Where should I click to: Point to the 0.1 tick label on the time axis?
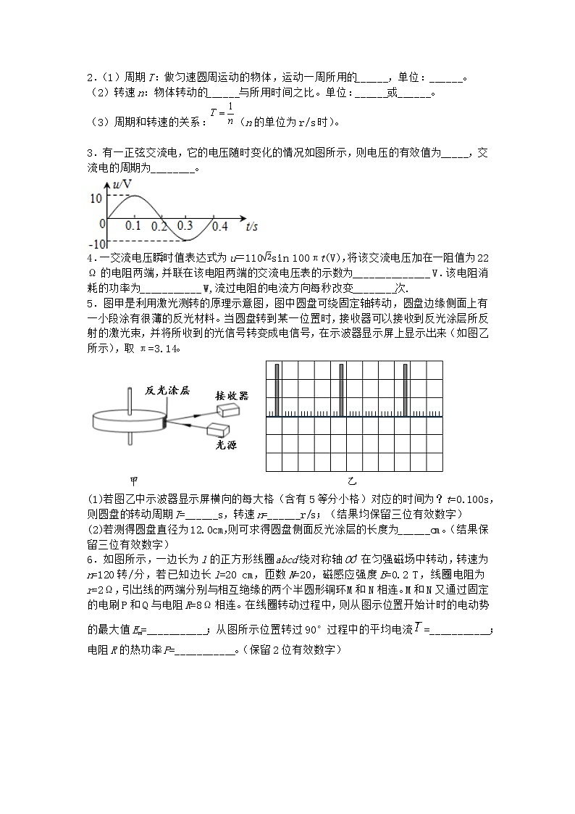[x=133, y=226]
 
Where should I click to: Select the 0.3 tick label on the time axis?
[x=186, y=226]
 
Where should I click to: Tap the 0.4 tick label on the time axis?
[x=219, y=226]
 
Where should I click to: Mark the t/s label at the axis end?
[x=252, y=226]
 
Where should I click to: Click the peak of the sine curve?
[x=134, y=196]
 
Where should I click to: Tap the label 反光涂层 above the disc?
[x=167, y=390]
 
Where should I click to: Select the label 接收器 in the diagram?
[x=232, y=395]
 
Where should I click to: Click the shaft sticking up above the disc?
[x=129, y=398]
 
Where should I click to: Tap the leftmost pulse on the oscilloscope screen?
[x=275, y=390]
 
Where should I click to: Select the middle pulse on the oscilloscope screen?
[x=340, y=390]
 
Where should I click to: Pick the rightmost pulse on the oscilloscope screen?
[x=405, y=390]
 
